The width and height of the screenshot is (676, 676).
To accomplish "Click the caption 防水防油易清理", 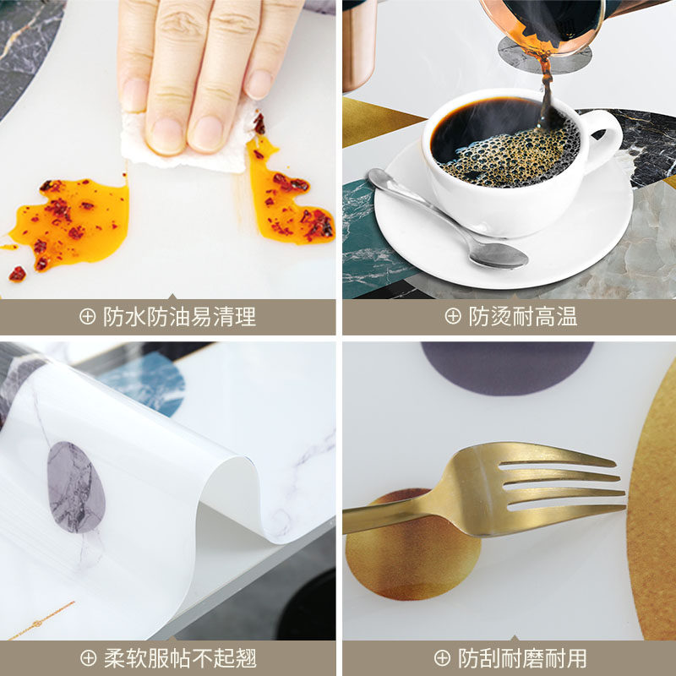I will click(x=179, y=318).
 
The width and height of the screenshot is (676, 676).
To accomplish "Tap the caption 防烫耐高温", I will click(x=523, y=318).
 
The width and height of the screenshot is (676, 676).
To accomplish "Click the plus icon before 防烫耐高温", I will click(x=454, y=318).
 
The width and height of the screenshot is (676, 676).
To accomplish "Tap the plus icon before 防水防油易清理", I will click(x=88, y=318).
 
